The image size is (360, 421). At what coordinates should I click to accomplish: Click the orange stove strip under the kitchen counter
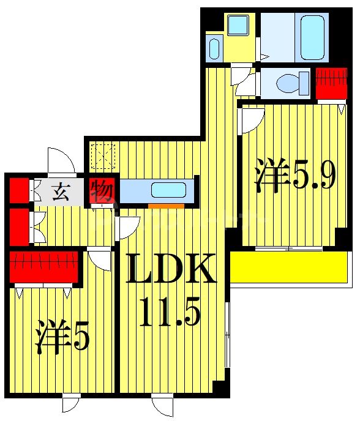166,206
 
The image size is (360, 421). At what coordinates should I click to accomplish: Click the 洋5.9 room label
296,176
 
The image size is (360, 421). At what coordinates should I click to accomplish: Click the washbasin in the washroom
214,49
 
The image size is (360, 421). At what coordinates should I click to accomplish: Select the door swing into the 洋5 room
99,258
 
